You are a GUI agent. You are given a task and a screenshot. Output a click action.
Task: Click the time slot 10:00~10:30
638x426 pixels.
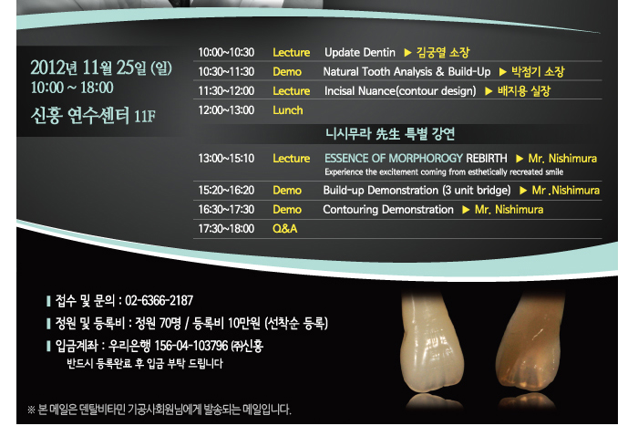(x=226, y=53)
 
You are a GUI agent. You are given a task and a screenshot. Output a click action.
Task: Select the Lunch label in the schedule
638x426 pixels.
(x=288, y=110)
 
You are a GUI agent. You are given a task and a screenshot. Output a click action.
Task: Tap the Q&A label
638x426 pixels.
(x=284, y=229)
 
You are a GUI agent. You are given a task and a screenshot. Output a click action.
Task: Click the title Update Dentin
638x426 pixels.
(x=360, y=53)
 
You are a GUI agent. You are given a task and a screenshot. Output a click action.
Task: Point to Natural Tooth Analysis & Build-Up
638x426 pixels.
(x=406, y=72)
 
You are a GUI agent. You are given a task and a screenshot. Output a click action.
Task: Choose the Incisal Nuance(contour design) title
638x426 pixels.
(x=400, y=91)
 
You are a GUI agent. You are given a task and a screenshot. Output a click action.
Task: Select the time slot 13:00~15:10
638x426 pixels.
(x=226, y=159)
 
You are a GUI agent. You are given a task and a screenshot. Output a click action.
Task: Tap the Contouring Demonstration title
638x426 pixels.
(x=388, y=210)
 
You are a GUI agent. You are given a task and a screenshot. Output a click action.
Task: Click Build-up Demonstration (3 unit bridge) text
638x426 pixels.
(x=417, y=191)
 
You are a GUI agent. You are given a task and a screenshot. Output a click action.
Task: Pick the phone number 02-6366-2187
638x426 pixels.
(x=159, y=300)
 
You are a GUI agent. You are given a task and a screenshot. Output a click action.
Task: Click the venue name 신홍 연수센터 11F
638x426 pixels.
(x=93, y=116)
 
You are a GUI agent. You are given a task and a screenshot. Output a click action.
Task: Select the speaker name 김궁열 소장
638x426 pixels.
(x=443, y=53)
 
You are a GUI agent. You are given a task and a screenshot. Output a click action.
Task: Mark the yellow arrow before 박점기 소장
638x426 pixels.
(x=502, y=72)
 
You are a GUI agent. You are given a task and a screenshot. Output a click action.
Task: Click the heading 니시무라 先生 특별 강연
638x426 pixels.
(x=390, y=133)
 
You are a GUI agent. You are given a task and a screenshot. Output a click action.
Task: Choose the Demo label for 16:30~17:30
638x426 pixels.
(x=287, y=210)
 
